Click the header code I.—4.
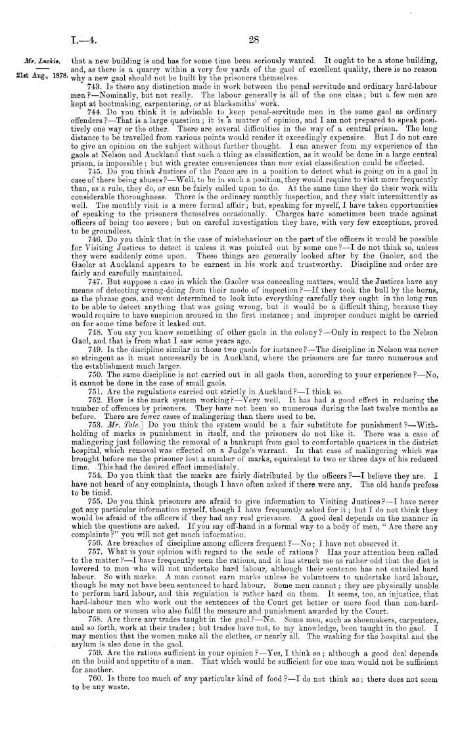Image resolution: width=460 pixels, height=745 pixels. [x=86, y=39]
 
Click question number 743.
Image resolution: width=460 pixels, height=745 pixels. [x=93, y=87]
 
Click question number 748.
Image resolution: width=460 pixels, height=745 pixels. [x=93, y=314]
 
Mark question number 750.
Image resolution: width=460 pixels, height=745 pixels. [x=93, y=355]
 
